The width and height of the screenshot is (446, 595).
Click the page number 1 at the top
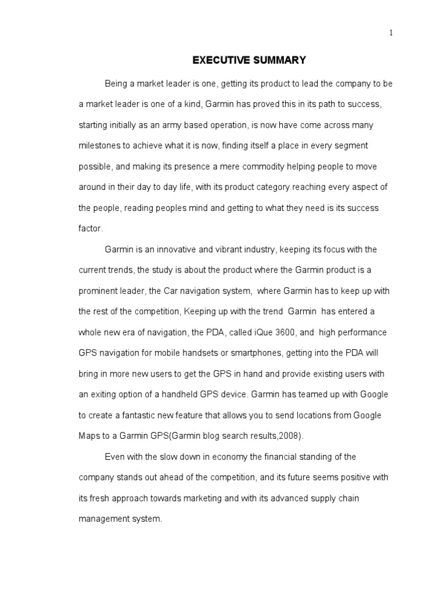(x=391, y=33)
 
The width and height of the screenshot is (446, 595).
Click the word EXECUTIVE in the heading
(x=218, y=60)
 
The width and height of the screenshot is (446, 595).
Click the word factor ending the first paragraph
(x=90, y=229)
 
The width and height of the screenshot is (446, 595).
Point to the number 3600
(x=289, y=333)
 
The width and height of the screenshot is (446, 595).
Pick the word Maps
(x=89, y=436)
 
